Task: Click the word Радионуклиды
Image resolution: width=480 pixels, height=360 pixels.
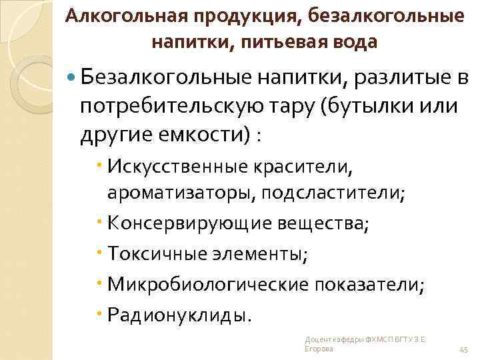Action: click(x=180, y=313)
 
